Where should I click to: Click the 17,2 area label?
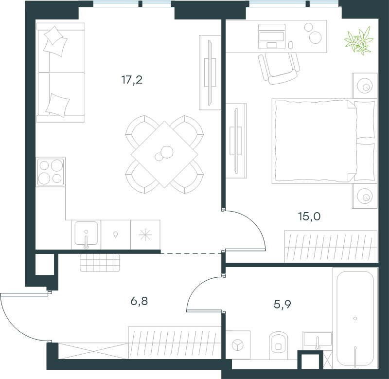click(x=132, y=80)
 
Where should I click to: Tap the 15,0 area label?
click(x=309, y=217)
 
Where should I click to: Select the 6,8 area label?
click(x=139, y=301)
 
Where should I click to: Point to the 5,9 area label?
click(x=283, y=304)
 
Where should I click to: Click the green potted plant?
click(x=359, y=41)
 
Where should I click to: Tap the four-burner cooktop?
click(x=51, y=172)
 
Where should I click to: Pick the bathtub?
click(x=355, y=319)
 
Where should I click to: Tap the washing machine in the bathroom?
click(x=238, y=345)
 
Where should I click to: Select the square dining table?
click(x=164, y=154)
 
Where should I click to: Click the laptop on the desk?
click(x=272, y=36)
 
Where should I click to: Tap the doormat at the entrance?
click(x=100, y=263)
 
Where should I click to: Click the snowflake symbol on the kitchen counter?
click(x=145, y=235)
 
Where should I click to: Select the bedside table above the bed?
click(x=365, y=85)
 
